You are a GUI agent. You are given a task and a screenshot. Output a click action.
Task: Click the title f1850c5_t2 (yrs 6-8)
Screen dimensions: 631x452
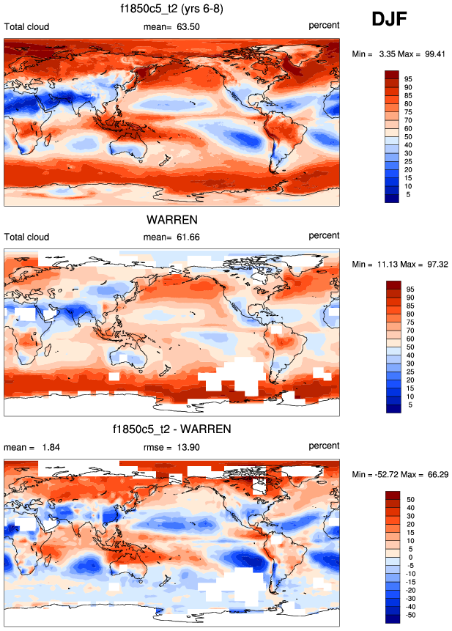click(x=172, y=9)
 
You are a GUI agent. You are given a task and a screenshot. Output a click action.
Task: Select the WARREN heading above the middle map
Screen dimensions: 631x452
click(x=172, y=219)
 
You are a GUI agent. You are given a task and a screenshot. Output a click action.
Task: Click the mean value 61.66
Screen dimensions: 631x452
click(x=186, y=237)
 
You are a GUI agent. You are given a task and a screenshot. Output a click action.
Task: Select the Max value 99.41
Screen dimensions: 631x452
click(x=433, y=53)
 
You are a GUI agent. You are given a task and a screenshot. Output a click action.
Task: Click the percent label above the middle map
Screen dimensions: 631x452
click(x=324, y=236)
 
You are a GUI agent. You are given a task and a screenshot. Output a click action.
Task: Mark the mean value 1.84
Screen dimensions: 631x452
click(x=43, y=446)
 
